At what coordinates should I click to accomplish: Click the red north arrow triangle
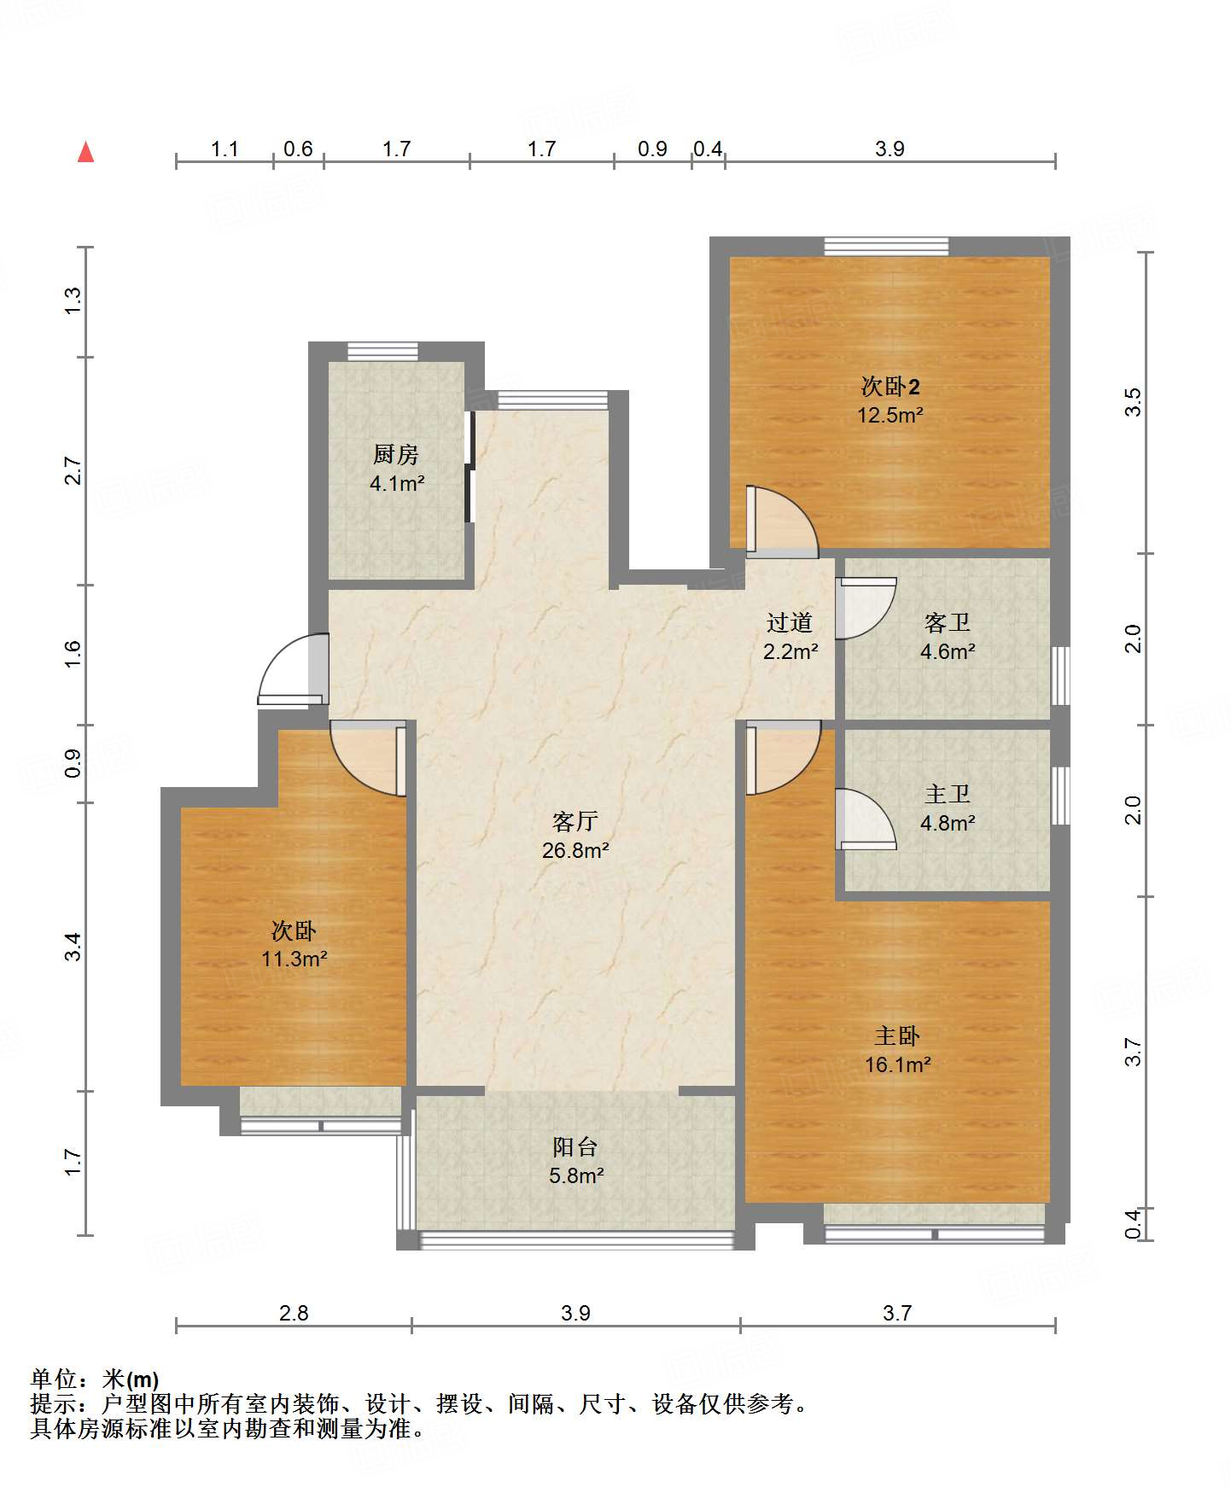point(85,152)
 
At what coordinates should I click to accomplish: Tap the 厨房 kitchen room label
point(396,455)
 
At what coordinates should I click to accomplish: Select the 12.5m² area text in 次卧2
point(890,416)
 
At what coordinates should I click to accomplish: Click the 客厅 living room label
point(575,821)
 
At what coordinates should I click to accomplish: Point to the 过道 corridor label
point(790,623)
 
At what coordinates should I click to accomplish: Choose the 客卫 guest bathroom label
point(948,623)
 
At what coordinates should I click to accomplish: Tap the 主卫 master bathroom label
point(948,795)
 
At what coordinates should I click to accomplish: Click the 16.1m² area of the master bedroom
point(897,1065)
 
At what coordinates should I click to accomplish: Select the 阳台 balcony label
point(575,1147)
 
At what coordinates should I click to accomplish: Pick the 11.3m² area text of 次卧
point(295,959)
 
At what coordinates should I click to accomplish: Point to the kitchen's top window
point(382,352)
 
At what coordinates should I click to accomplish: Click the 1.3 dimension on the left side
point(73,300)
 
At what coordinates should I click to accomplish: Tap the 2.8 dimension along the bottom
point(294,1313)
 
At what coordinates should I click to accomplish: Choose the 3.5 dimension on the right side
point(1132,402)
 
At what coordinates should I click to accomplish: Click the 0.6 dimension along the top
point(298,149)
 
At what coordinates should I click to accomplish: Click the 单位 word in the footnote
point(54,1379)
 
